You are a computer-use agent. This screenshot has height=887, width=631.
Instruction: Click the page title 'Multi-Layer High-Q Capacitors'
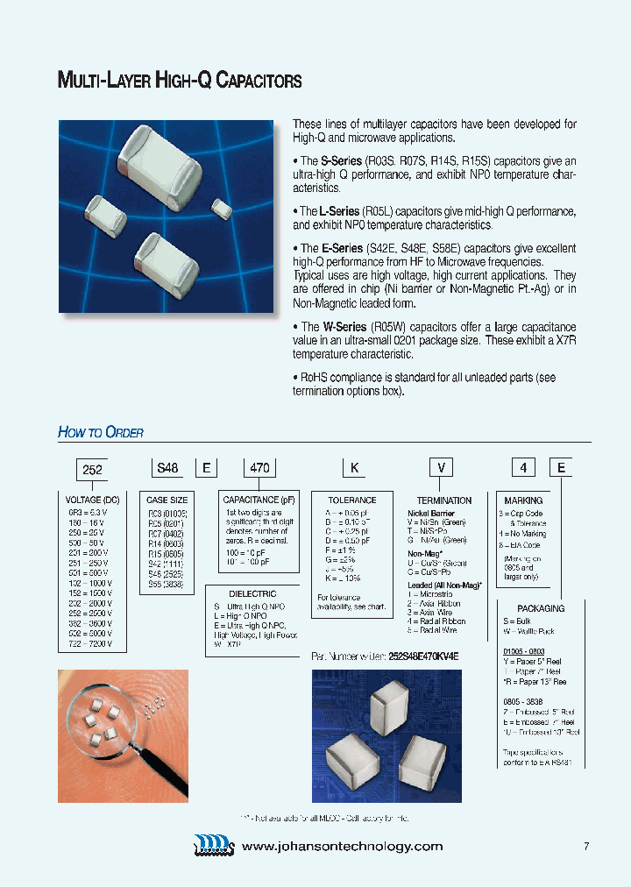180,82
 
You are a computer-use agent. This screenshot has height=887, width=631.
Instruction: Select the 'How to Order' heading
100,432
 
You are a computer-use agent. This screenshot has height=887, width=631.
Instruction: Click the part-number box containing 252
92,469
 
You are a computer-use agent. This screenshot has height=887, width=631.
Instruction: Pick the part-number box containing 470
259,468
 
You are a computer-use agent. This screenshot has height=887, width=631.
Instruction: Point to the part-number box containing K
355,468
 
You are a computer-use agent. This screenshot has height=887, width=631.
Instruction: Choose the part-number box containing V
443,468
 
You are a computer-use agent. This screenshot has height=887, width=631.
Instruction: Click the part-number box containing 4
523,468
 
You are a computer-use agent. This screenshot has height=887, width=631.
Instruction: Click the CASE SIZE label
167,500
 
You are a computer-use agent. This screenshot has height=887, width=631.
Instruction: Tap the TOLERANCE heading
351,500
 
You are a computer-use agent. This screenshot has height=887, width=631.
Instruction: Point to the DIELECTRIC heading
252,593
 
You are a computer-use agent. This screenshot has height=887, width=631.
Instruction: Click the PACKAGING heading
541,608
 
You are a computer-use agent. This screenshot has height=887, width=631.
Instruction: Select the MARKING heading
523,500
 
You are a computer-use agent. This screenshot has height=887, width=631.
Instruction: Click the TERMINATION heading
443,500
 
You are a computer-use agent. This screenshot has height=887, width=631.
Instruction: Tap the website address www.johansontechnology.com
342,846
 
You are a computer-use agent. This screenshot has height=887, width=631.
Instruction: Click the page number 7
585,846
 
